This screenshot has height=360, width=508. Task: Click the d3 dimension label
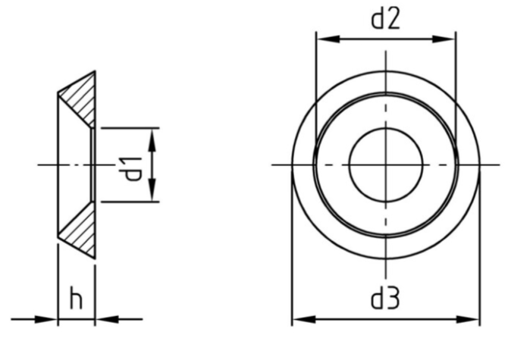(385, 299)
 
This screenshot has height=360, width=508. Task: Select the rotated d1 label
(133, 169)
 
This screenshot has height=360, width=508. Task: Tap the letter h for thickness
(76, 299)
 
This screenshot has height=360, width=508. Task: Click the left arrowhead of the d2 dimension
(328, 39)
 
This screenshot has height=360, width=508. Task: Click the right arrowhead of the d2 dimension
(444, 39)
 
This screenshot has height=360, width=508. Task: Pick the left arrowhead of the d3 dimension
(304, 320)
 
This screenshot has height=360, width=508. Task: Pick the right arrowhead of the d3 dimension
(468, 320)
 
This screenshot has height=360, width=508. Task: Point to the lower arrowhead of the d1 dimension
(152, 189)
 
